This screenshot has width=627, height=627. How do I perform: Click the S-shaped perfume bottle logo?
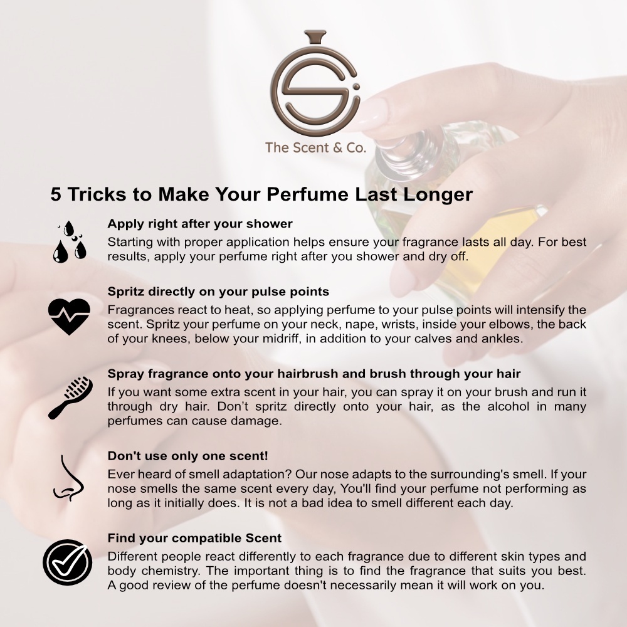(x=315, y=84)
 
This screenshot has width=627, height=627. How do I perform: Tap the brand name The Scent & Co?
(x=315, y=147)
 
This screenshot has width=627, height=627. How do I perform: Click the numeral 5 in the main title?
(x=56, y=195)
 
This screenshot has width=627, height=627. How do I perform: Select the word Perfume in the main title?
(x=307, y=194)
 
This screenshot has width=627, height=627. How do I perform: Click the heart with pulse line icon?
(x=69, y=316)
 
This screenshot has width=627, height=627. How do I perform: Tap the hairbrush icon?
(x=70, y=398)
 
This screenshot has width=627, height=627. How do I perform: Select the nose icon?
(x=68, y=478)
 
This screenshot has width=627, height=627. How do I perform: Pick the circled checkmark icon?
(x=67, y=562)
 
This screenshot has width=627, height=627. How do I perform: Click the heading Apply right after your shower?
(x=200, y=224)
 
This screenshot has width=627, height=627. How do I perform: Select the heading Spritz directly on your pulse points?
(x=218, y=292)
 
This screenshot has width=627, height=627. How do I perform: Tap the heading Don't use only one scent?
(x=188, y=456)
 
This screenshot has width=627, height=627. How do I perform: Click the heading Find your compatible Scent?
(x=195, y=538)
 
